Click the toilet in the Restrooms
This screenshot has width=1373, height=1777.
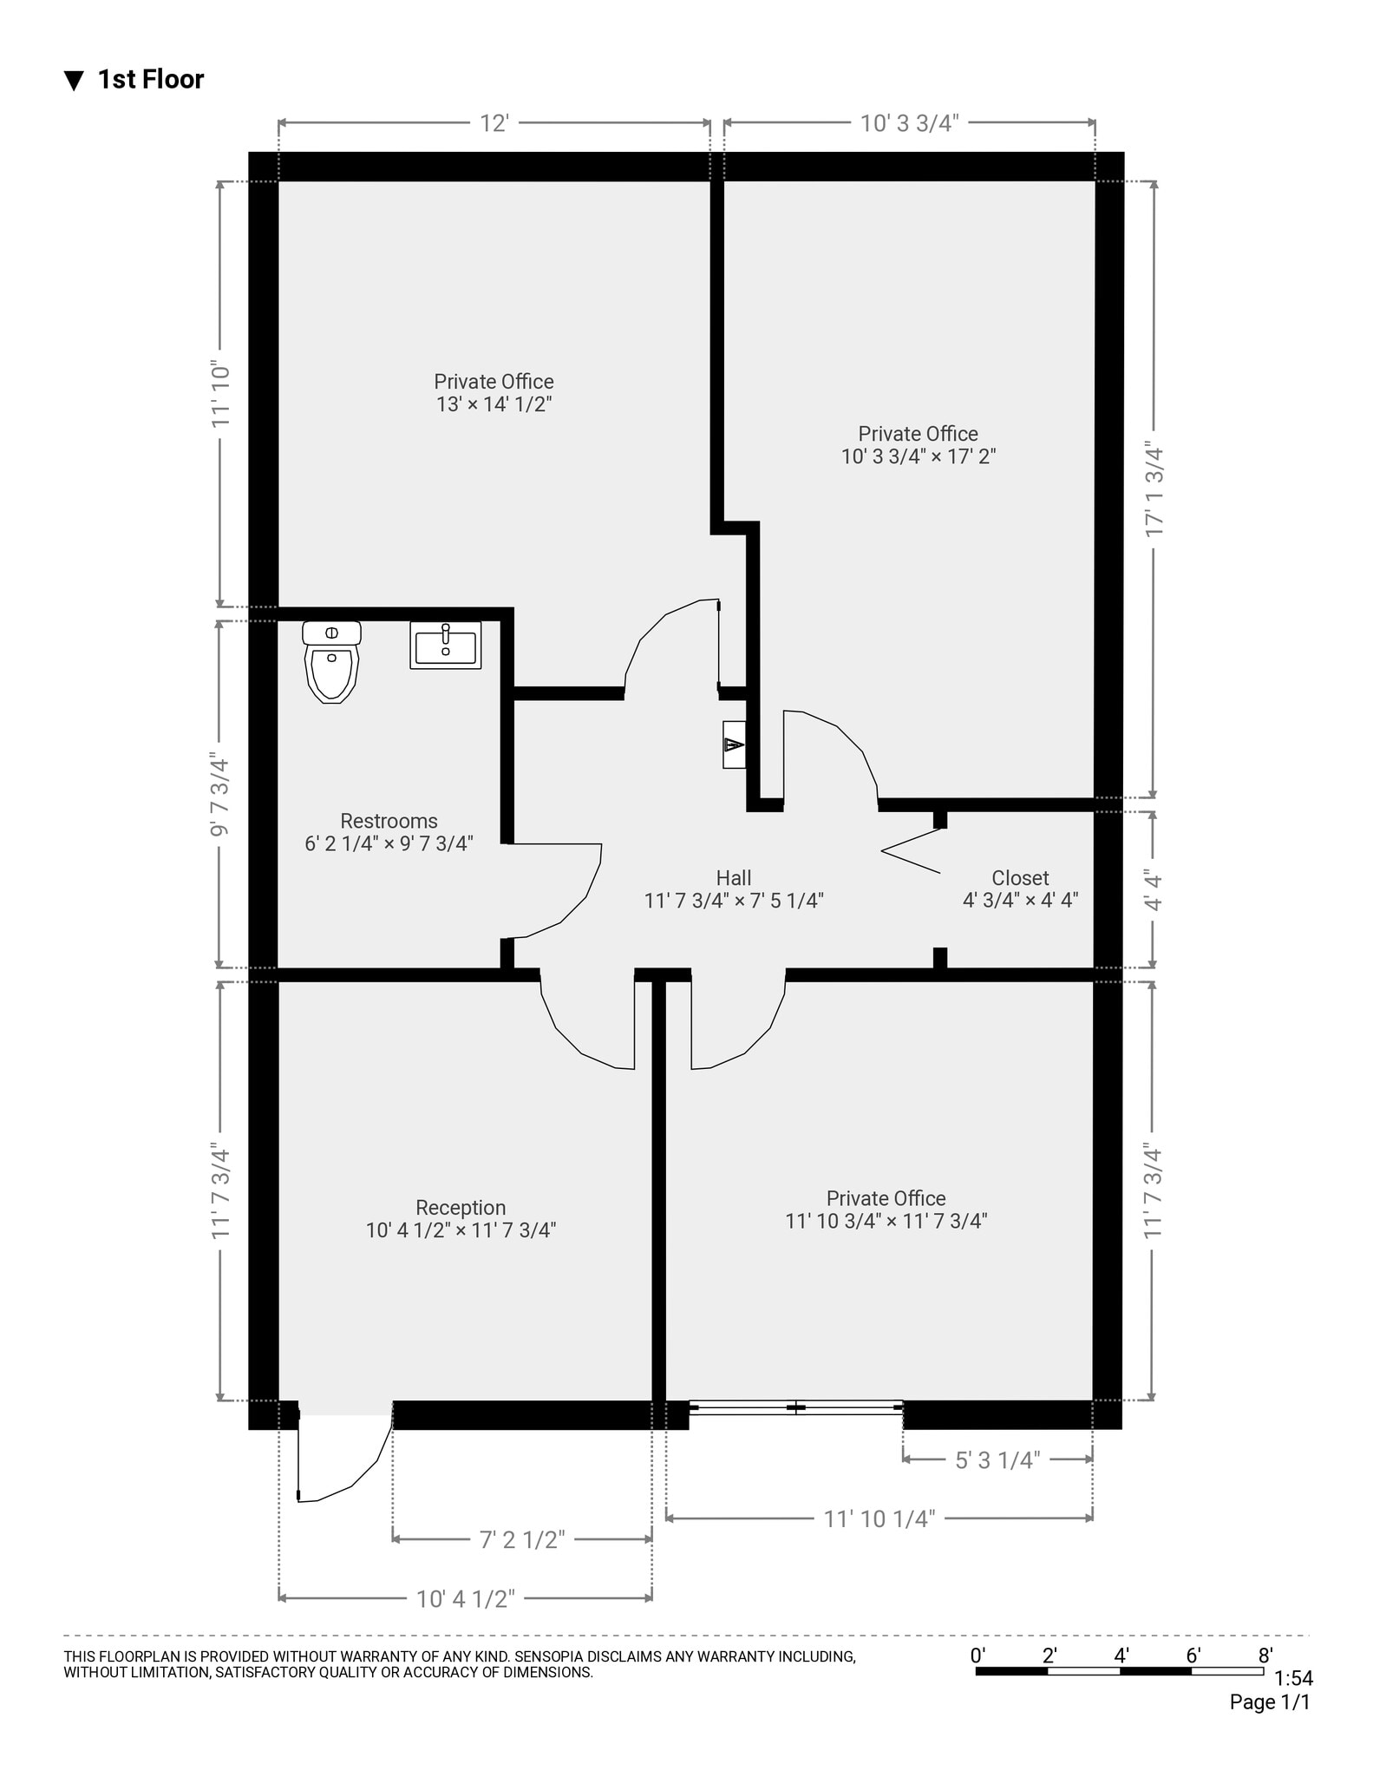click(332, 662)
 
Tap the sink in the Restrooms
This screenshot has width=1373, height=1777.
click(445, 646)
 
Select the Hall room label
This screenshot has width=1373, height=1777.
click(733, 878)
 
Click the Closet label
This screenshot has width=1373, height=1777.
click(1020, 878)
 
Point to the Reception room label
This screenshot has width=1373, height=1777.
click(461, 1208)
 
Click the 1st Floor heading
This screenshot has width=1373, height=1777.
click(150, 80)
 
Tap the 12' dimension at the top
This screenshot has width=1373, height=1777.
click(494, 124)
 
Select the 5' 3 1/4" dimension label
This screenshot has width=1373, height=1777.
click(997, 1460)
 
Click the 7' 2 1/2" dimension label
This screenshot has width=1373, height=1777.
click(522, 1539)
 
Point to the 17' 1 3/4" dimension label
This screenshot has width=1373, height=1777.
click(1154, 489)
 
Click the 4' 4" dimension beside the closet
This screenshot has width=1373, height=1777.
click(1154, 889)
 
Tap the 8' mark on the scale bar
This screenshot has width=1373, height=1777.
click(1265, 1656)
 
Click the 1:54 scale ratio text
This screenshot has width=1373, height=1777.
click(1293, 1679)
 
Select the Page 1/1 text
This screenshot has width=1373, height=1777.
click(1269, 1702)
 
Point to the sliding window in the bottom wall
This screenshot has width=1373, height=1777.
click(795, 1407)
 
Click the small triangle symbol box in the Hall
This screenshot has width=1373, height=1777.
click(734, 744)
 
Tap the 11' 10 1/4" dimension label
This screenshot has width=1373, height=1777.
click(879, 1518)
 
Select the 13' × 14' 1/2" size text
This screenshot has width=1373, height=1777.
click(494, 404)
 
